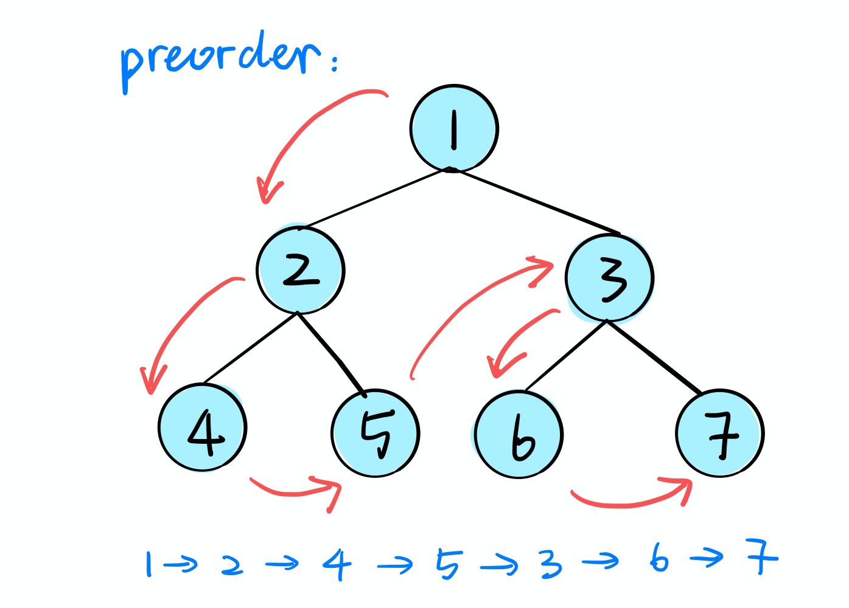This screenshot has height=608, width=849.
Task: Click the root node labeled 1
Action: (x=454, y=128)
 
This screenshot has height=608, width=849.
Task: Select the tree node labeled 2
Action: (x=300, y=270)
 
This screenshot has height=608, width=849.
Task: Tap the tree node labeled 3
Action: (x=609, y=278)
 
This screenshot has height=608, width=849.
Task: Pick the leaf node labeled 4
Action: (x=203, y=427)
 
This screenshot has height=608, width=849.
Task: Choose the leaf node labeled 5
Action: (x=376, y=433)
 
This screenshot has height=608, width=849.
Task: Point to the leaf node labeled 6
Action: (x=519, y=434)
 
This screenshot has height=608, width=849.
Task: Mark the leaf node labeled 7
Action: (x=720, y=433)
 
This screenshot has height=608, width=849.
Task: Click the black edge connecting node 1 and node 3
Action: (x=536, y=202)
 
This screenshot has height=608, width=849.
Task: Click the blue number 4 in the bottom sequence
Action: (x=337, y=564)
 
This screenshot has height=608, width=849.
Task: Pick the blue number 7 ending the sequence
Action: (x=762, y=556)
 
